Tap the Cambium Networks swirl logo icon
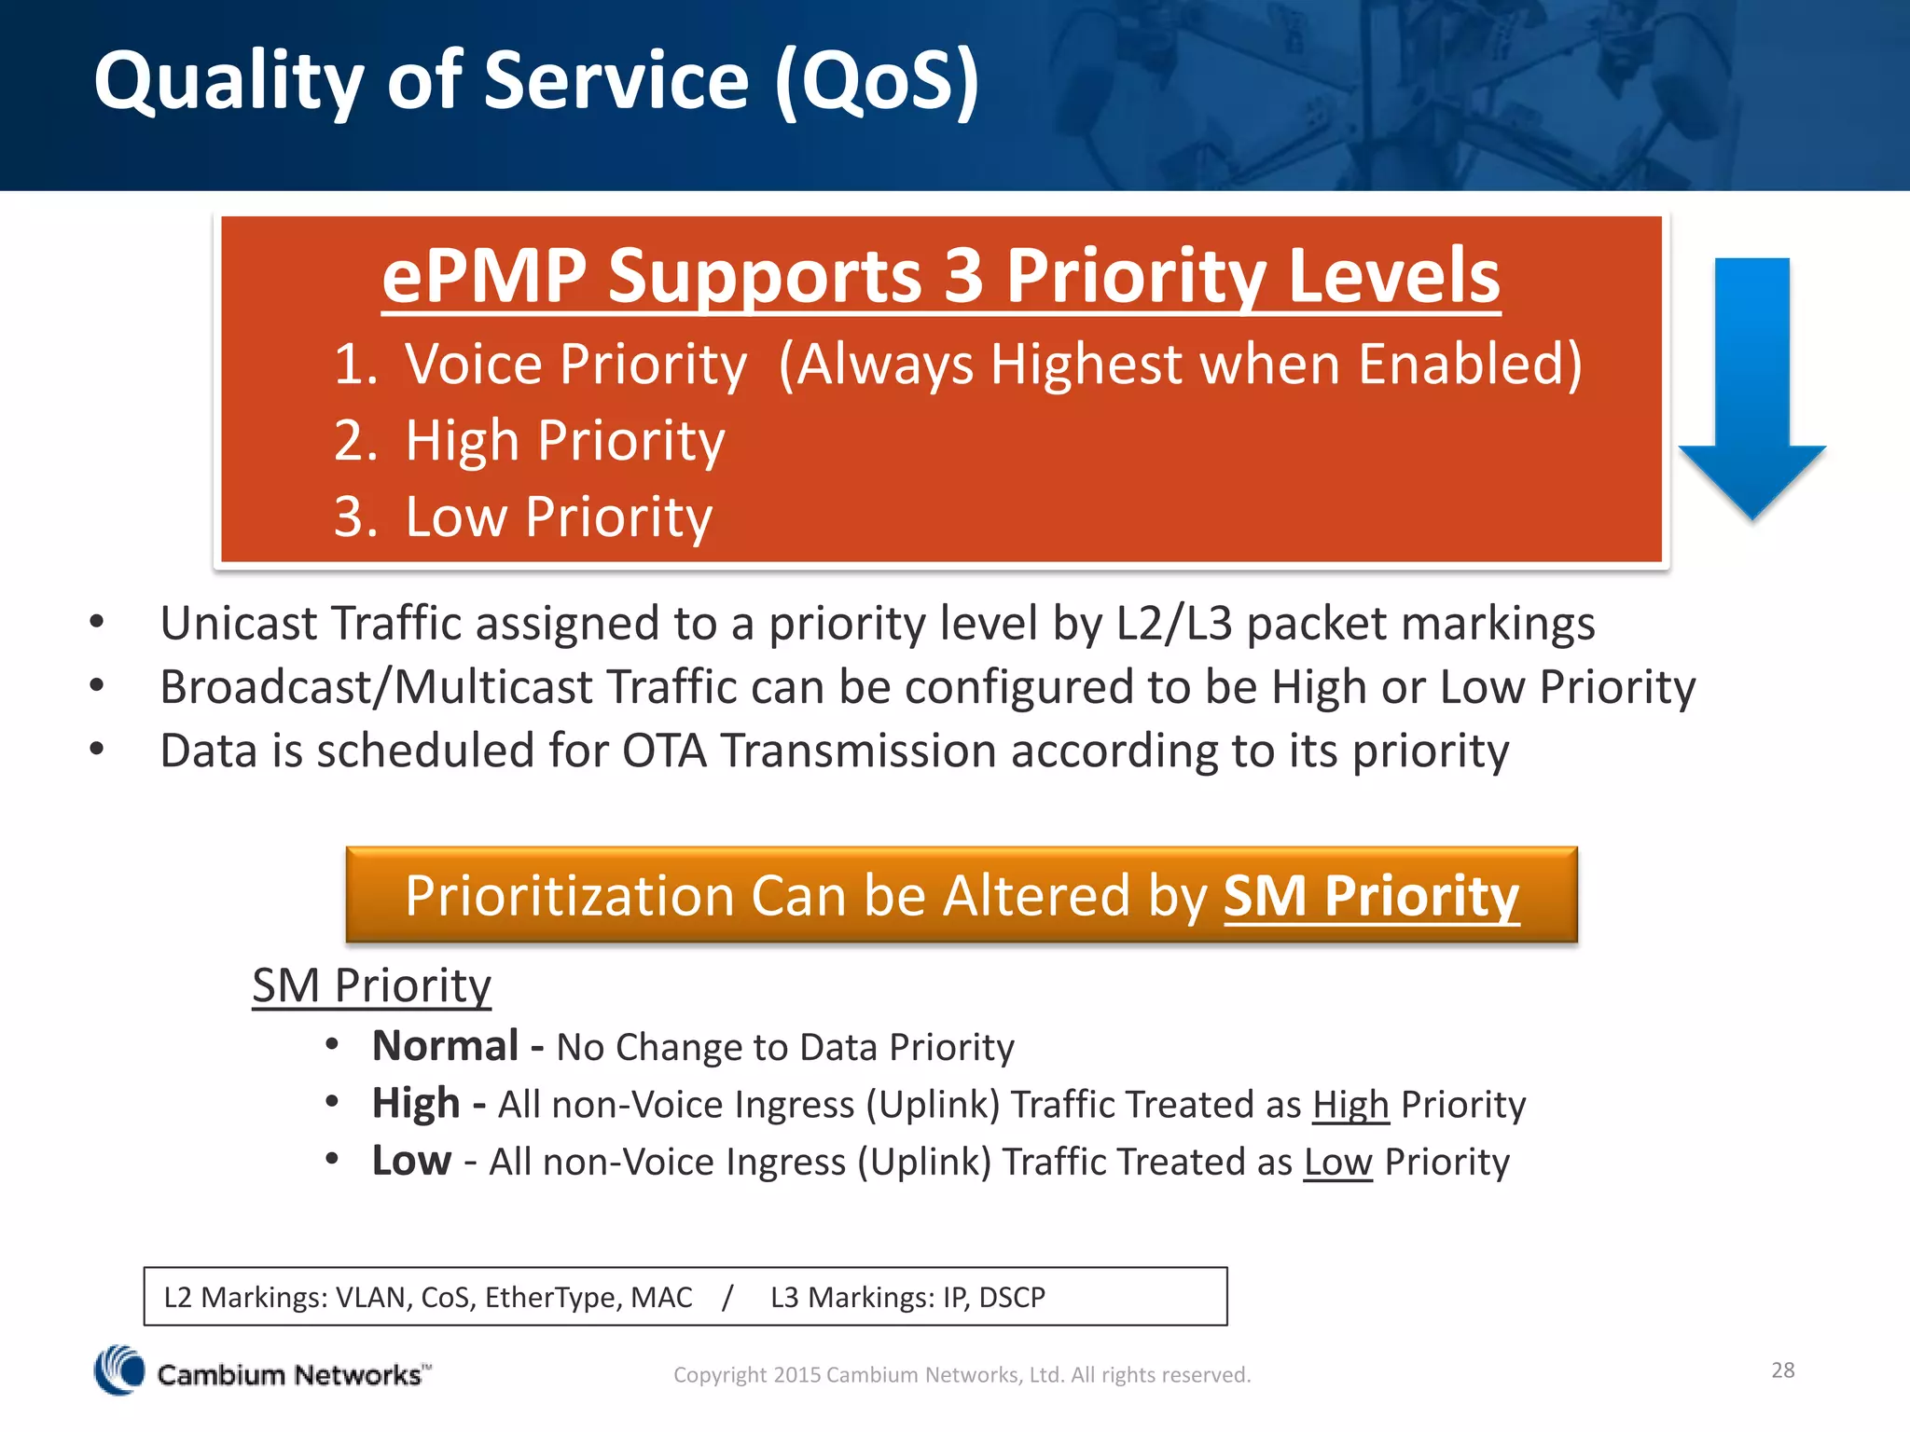[x=119, y=1370]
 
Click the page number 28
[x=1782, y=1370]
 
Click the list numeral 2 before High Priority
[x=354, y=441]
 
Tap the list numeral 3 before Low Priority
[x=354, y=517]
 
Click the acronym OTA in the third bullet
[x=664, y=751]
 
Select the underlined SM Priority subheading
[x=371, y=985]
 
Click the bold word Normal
[x=445, y=1046]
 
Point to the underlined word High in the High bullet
[x=1349, y=1105]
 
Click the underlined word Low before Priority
[x=1337, y=1163]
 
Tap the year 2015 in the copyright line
[x=796, y=1375]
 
